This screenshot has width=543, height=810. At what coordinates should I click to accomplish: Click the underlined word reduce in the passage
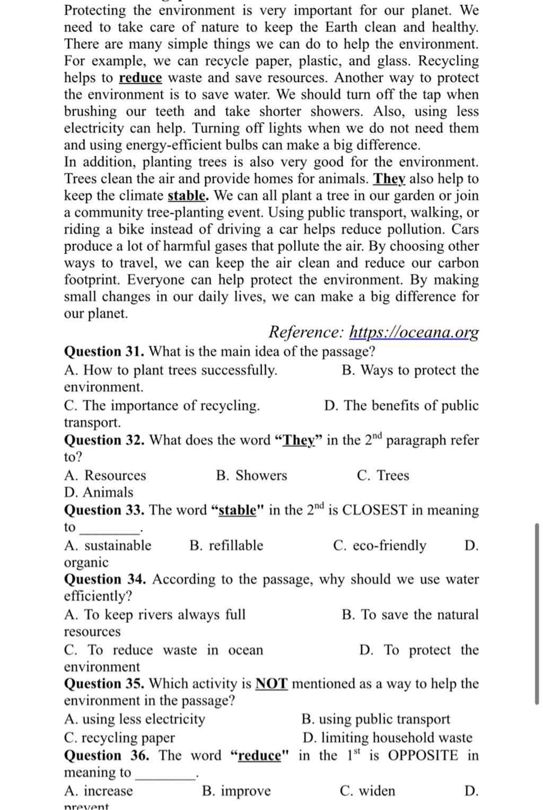click(140, 78)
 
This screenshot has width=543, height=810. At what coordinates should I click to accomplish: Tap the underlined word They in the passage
click(390, 179)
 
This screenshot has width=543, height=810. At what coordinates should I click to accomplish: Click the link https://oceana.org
click(414, 332)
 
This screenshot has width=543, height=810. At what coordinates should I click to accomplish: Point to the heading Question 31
click(104, 352)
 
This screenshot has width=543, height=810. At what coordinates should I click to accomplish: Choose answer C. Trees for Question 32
click(383, 475)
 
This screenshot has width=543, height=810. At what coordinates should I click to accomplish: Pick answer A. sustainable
click(108, 546)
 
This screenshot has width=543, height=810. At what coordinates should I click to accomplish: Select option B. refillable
click(226, 546)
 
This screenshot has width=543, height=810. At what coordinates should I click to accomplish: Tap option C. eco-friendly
click(380, 546)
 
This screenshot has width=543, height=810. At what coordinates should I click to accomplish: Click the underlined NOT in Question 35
click(271, 684)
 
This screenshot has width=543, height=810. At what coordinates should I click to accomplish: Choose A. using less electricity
click(135, 719)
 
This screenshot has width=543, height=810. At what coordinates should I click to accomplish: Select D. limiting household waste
click(387, 738)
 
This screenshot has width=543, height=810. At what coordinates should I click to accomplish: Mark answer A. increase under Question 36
click(99, 791)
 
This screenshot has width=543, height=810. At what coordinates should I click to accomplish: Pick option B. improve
click(237, 791)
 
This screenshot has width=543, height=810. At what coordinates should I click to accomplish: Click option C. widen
click(367, 791)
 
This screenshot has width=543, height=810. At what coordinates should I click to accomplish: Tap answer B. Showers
click(251, 475)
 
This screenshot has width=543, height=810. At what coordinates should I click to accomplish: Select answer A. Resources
click(105, 475)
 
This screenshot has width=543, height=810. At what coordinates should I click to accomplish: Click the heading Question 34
click(104, 580)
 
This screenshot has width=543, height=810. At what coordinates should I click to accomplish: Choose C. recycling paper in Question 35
click(119, 738)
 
